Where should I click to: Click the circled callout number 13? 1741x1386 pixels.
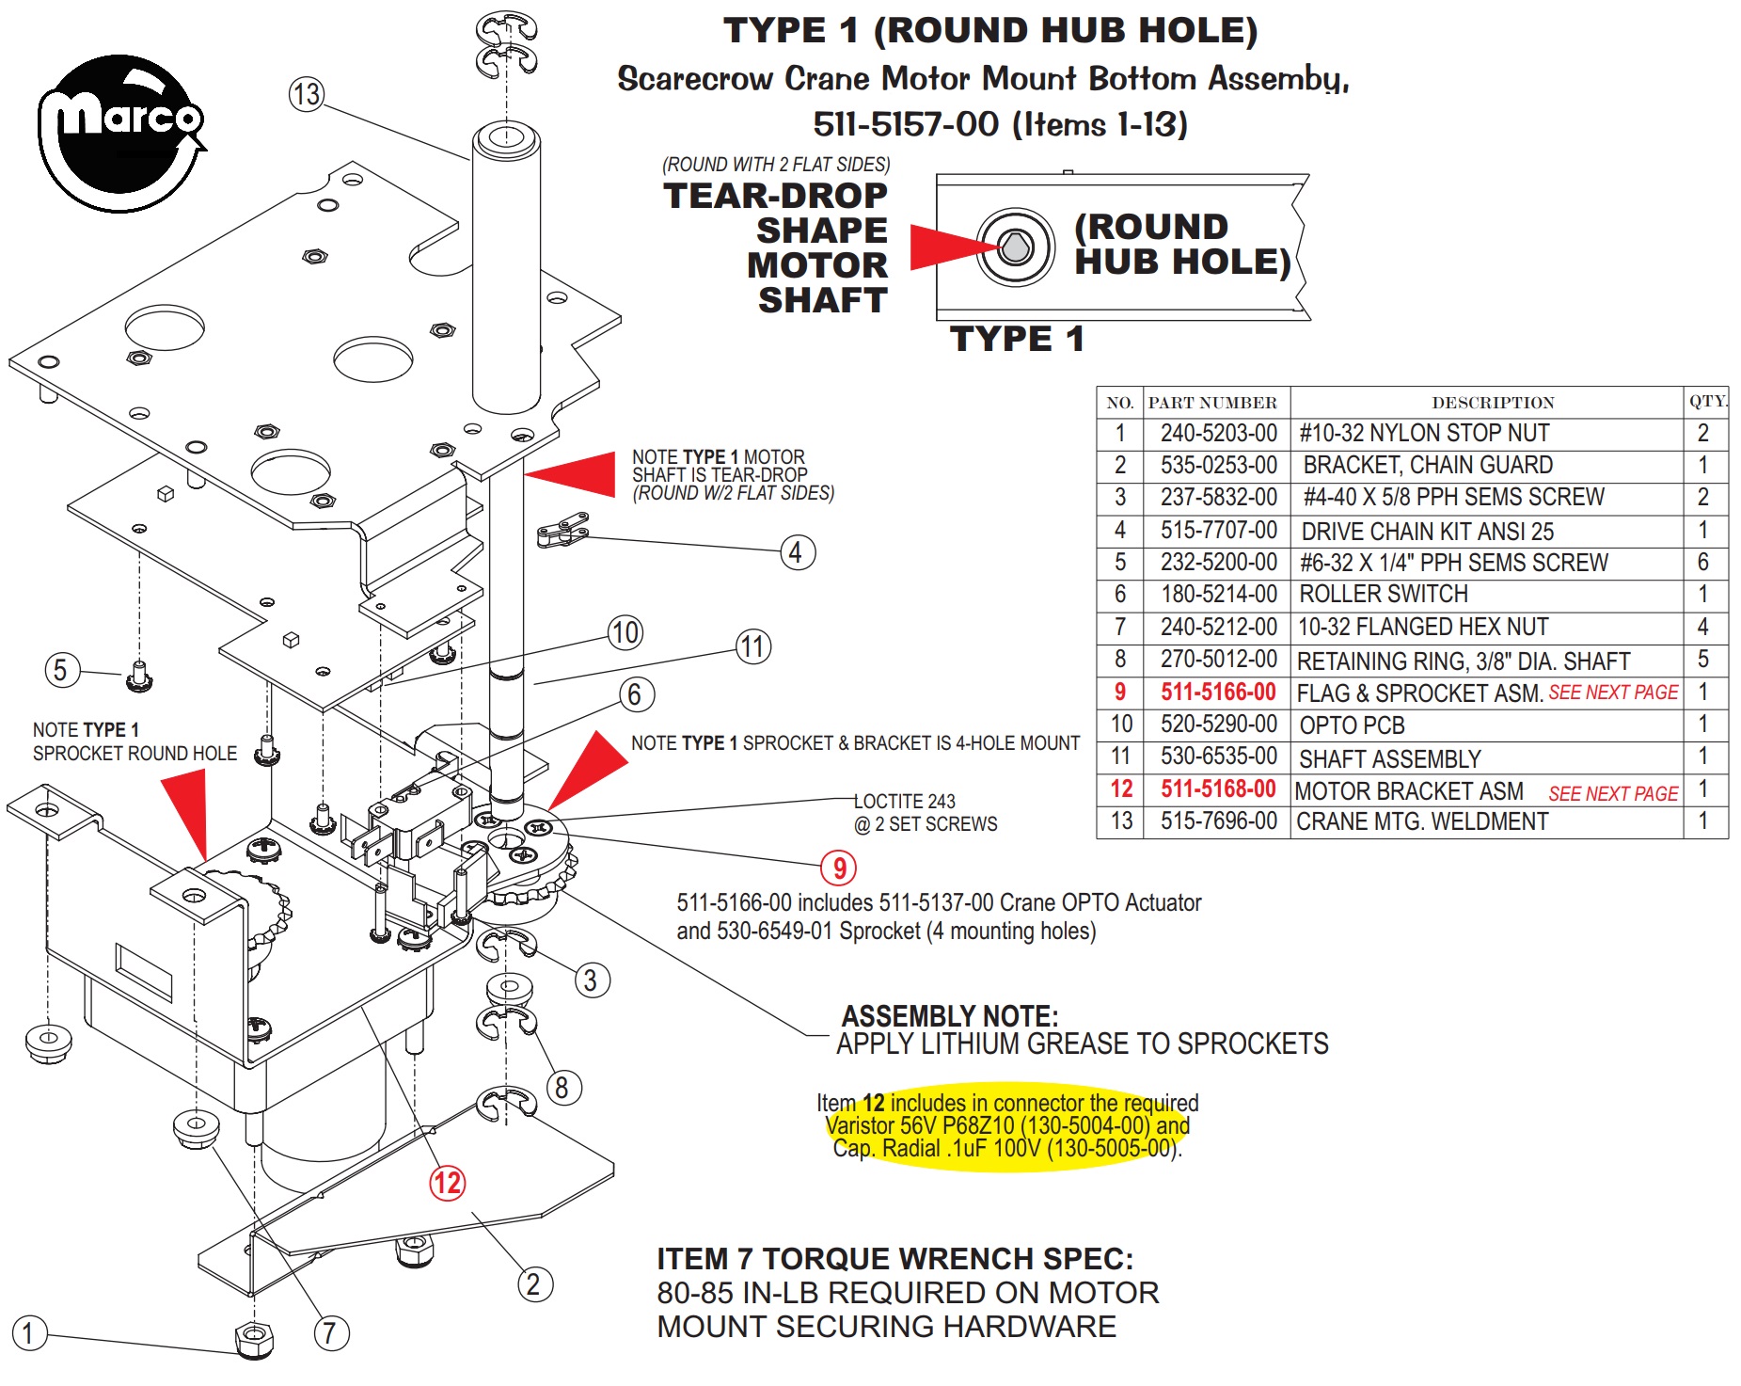point(307,94)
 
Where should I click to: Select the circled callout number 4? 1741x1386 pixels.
point(797,552)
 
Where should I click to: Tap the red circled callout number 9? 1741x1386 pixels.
point(839,868)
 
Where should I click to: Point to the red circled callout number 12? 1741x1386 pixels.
point(447,1182)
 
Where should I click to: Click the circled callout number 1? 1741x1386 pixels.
point(28,1332)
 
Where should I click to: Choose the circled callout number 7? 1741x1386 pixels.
point(331,1332)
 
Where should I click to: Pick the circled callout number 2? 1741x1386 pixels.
point(534,1283)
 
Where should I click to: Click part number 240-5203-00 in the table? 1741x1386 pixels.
point(1218,433)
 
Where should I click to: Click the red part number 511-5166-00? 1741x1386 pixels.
point(1218,692)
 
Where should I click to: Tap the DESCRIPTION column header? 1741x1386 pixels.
point(1493,403)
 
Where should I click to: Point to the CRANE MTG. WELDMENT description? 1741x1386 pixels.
point(1422,821)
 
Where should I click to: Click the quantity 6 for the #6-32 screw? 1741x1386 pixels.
point(1702,562)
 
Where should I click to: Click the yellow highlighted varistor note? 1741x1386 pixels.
point(1007,1125)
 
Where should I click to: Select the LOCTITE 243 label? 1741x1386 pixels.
point(904,801)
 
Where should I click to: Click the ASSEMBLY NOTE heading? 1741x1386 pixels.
point(950,1016)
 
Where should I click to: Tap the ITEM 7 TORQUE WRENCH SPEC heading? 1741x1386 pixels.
point(894,1258)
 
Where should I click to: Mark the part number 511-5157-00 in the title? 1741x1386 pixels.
point(905,124)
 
